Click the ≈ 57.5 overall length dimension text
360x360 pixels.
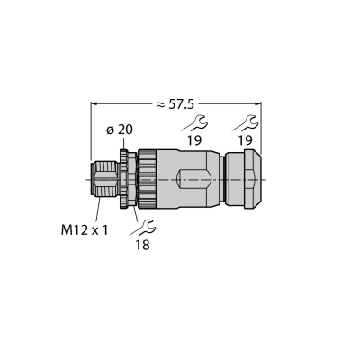[x=175, y=104]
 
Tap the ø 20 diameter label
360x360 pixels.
[x=120, y=130]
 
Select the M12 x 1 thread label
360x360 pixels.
[x=85, y=230]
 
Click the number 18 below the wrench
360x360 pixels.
[x=142, y=245]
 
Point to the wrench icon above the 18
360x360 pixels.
[x=143, y=228]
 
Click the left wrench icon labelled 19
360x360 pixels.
[x=194, y=123]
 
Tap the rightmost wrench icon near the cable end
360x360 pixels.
[x=246, y=123]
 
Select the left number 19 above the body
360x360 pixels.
[x=194, y=140]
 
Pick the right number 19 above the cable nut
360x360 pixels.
[x=246, y=140]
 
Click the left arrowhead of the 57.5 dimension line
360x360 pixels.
[x=94, y=103]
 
